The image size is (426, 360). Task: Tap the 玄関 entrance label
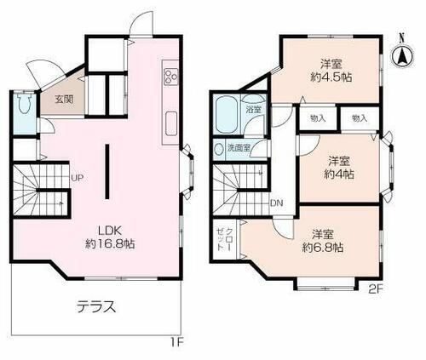(x=64, y=99)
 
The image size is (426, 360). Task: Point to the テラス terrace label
(x=96, y=306)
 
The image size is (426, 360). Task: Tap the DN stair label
(x=277, y=203)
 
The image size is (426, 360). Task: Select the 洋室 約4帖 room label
(x=339, y=167)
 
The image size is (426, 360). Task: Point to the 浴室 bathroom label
(x=254, y=110)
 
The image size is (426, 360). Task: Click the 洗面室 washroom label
(x=239, y=147)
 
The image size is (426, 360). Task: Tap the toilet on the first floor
(x=25, y=109)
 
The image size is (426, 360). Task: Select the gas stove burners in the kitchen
(x=170, y=76)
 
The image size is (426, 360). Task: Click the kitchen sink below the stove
(x=170, y=122)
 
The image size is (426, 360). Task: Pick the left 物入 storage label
(x=317, y=118)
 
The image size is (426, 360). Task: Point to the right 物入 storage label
(x=359, y=118)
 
